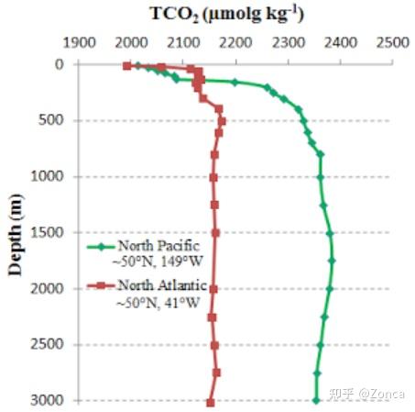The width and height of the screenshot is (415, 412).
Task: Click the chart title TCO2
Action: click(175, 15)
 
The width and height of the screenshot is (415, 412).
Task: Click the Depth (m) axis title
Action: click(16, 235)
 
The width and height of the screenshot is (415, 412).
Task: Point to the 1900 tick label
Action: click(80, 42)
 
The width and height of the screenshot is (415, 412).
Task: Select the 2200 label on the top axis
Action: click(236, 42)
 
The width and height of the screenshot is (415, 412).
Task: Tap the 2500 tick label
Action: click(393, 42)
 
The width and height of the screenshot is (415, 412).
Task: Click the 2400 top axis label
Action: click(341, 42)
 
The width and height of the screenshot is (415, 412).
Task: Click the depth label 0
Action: click(60, 64)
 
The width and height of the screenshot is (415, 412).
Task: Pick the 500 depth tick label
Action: click(51, 120)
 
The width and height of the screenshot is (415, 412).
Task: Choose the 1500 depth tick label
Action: click(48, 232)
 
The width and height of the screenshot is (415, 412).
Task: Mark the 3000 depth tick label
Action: click(48, 400)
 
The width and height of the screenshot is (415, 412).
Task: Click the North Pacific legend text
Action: click(158, 246)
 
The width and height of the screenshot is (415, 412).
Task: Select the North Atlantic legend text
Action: click(162, 285)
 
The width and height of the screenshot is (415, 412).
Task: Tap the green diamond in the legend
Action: click(102, 247)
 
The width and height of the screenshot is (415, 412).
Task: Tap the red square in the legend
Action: click(102, 285)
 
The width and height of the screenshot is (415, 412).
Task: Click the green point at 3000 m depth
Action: click(316, 400)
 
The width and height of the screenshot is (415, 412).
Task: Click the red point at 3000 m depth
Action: click(211, 403)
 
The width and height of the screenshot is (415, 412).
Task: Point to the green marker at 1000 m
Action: click(321, 177)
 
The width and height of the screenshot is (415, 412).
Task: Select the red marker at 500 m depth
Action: click(222, 121)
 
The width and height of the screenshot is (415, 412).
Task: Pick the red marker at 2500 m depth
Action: click(214, 345)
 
